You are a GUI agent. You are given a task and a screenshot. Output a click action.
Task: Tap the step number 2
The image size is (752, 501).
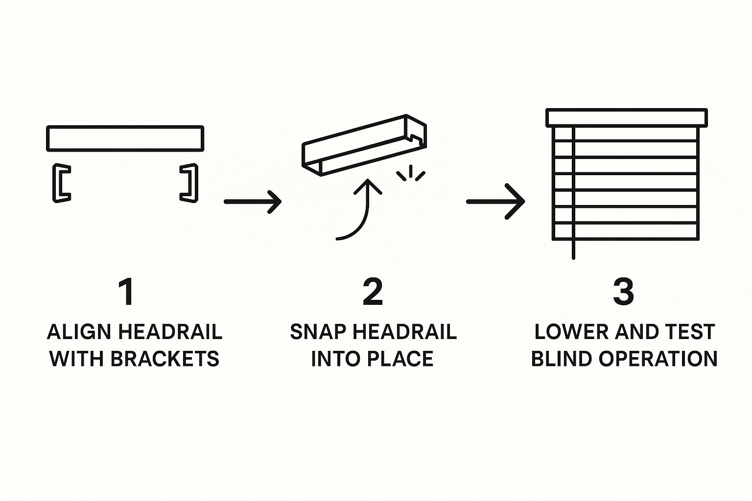373,292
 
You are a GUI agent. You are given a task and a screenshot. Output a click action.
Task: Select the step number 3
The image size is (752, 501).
623,292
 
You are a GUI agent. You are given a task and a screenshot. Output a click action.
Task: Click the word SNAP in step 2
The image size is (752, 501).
317,332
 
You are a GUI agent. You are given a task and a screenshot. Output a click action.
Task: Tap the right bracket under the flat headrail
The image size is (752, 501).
189,182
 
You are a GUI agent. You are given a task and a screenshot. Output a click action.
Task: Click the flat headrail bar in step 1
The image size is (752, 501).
125,138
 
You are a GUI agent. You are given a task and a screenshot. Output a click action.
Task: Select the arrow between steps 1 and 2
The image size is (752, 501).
252,201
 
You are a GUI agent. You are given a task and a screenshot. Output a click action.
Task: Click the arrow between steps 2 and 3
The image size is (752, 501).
495,201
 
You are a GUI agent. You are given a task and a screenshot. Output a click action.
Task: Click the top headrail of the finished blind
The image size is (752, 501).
627,118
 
